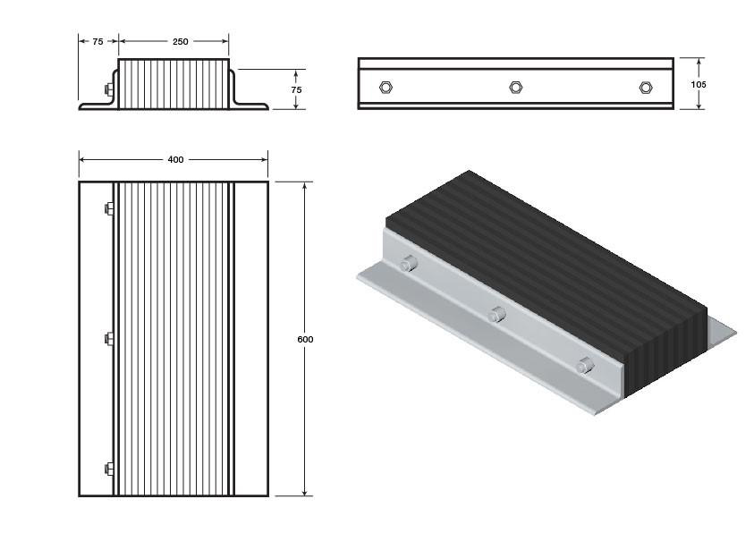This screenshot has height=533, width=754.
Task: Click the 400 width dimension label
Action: click(175, 159)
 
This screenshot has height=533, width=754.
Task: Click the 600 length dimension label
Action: click(305, 339)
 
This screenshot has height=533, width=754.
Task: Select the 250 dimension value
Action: click(181, 42)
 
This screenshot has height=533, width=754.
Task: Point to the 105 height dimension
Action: click(699, 85)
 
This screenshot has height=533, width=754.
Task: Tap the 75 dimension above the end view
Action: click(97, 42)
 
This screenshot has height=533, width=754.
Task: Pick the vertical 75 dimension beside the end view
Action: click(296, 89)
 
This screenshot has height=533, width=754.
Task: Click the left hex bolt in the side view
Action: click(385, 88)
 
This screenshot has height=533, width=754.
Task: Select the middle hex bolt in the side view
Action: click(516, 88)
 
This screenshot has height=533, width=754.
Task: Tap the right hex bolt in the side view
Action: click(646, 88)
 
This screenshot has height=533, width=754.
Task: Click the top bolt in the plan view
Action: click(109, 208)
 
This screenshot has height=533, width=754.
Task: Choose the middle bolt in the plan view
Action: click(109, 339)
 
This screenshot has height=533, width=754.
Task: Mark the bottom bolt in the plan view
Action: click(109, 469)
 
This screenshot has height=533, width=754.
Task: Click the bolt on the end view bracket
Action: click(109, 89)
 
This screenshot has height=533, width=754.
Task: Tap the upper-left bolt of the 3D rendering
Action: click(408, 264)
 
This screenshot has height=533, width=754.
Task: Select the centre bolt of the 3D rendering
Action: click(496, 315)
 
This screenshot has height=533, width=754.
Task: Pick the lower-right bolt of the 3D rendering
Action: click(585, 366)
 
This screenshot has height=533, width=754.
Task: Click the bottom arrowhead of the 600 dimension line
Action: click(305, 492)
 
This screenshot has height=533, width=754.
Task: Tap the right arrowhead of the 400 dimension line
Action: click(264, 159)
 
